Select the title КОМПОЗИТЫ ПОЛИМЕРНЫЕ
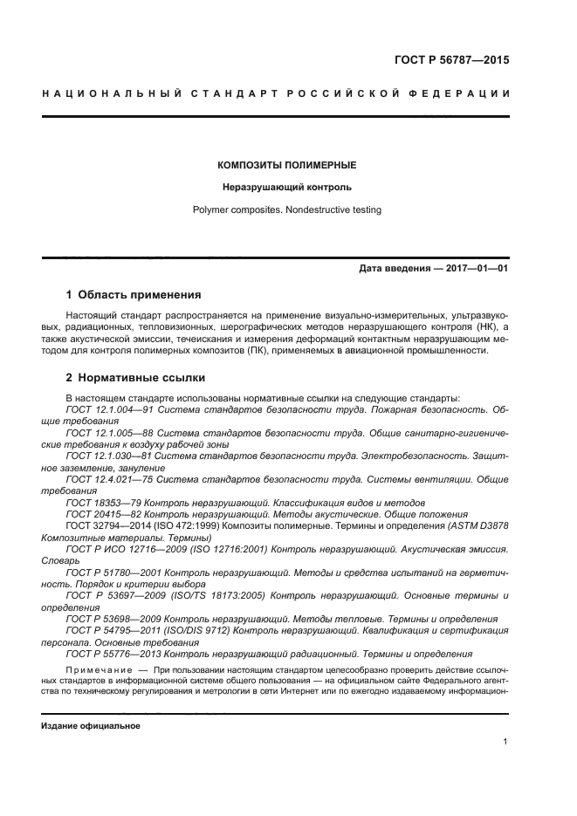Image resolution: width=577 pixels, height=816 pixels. [288, 164]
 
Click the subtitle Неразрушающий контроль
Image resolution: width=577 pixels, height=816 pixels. [288, 187]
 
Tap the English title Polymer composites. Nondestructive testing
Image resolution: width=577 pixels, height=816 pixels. [288, 209]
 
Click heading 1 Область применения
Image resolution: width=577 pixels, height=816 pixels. [134, 295]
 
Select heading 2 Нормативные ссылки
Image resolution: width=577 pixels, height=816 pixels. [136, 378]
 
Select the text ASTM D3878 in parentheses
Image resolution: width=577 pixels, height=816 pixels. [477, 527]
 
